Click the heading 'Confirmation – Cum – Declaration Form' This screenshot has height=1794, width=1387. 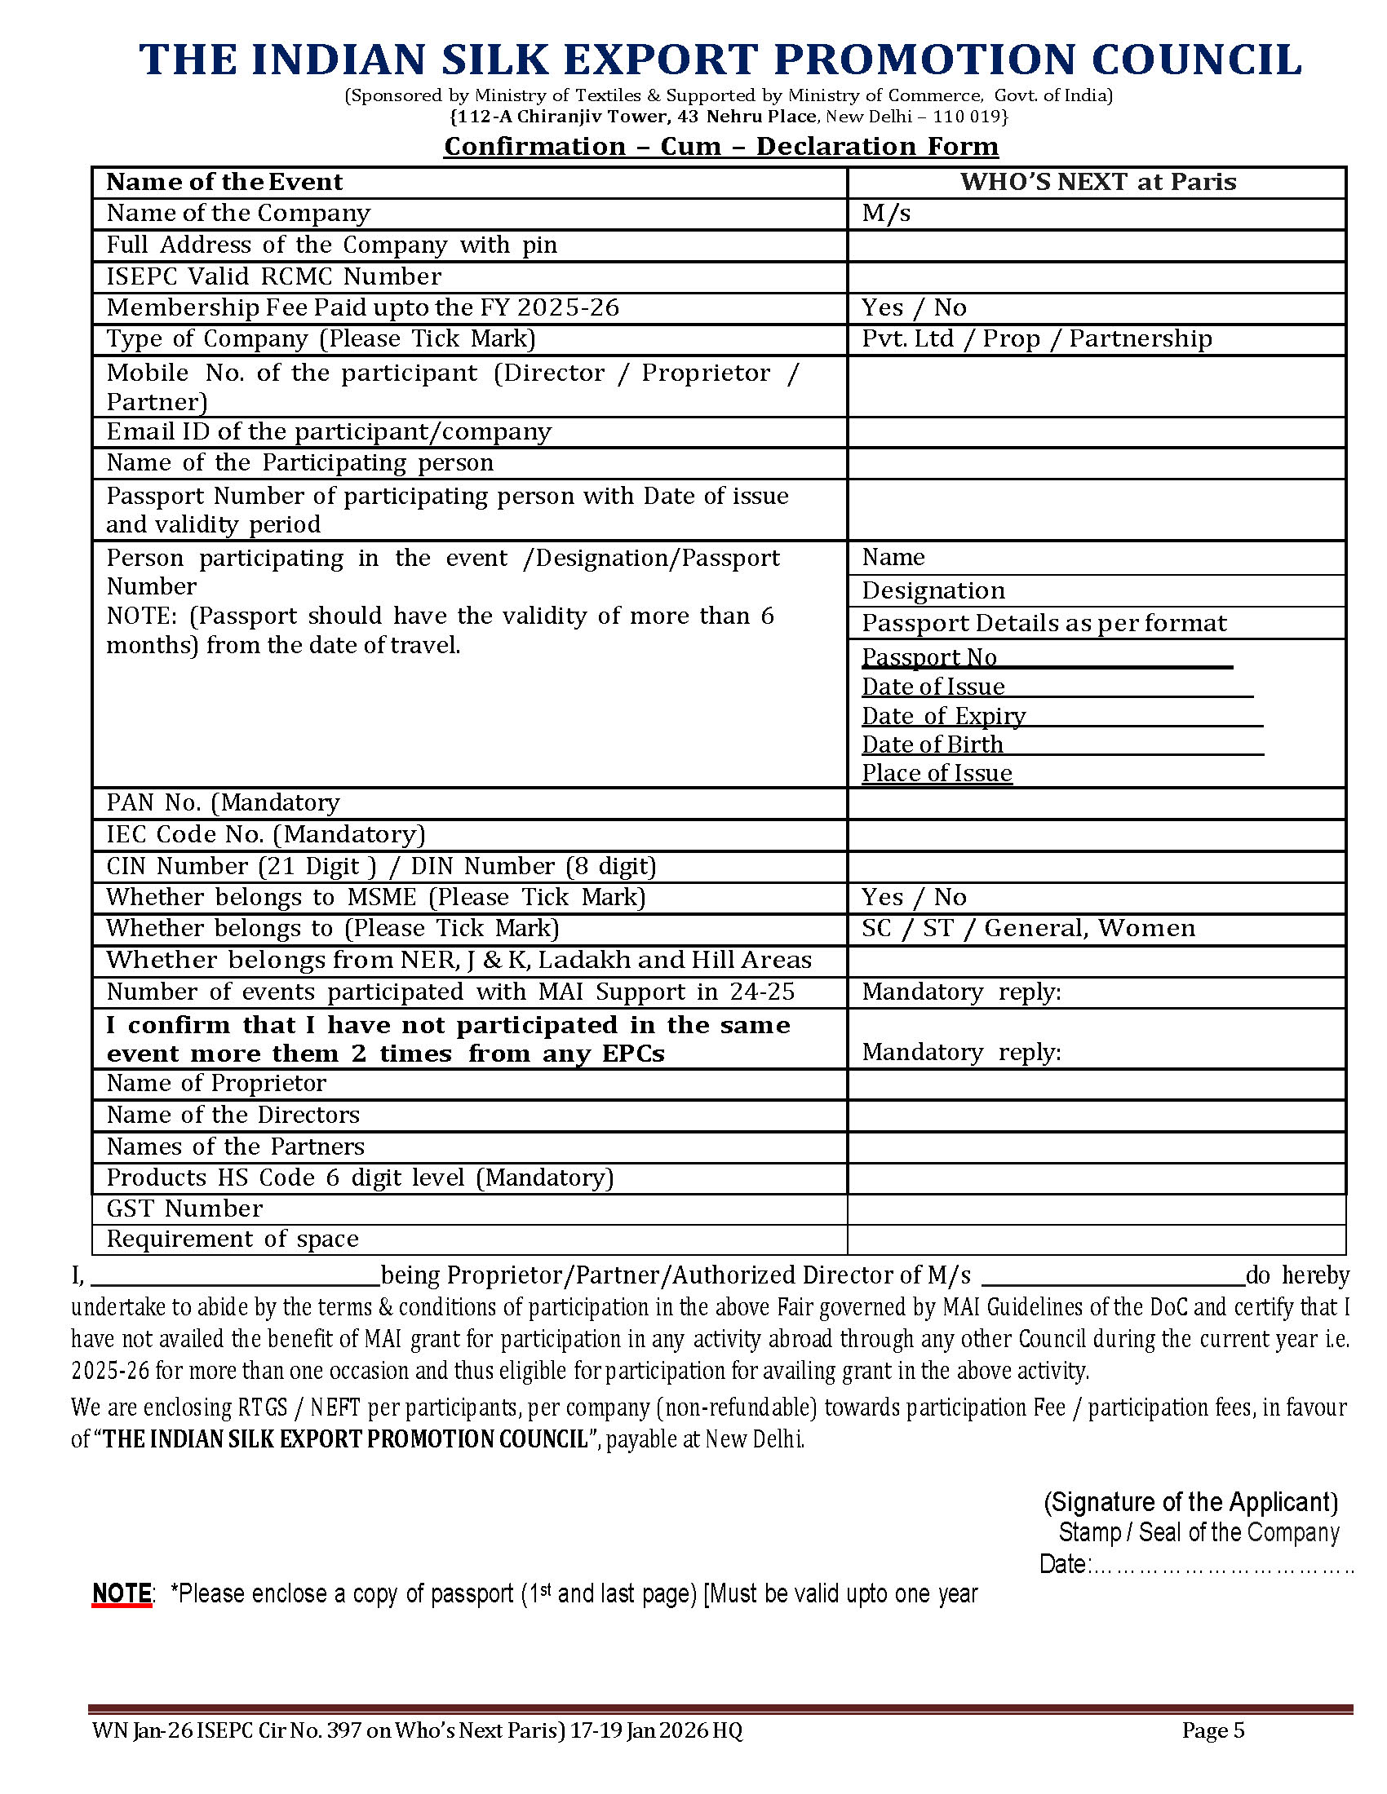720,146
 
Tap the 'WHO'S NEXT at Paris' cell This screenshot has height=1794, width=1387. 1097,182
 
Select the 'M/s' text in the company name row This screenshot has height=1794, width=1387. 886,214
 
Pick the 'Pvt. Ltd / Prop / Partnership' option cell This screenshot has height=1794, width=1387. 1036,338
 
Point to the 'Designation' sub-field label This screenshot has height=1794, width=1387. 933,590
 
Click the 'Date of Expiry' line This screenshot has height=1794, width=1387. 943,716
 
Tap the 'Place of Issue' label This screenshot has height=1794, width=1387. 937,773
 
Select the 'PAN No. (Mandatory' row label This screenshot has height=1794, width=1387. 223,802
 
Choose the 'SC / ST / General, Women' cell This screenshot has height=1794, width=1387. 1028,928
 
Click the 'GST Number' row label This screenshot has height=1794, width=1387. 185,1209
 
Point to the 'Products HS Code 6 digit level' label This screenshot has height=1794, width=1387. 360,1178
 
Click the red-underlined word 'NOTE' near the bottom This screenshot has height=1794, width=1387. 122,1593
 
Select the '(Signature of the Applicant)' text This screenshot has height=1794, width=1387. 1190,1501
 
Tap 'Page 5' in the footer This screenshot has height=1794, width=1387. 1212,1730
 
